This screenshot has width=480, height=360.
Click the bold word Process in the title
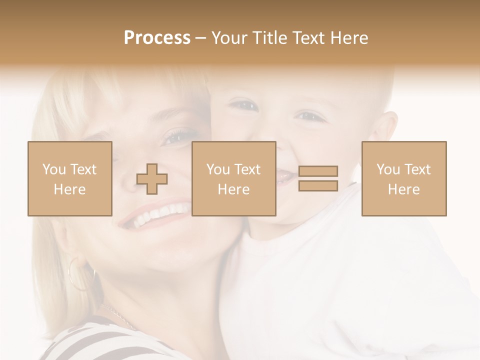(x=157, y=38)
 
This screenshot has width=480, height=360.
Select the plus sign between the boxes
(x=152, y=179)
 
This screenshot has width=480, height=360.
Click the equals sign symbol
(x=318, y=178)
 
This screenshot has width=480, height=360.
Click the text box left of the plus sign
(x=70, y=178)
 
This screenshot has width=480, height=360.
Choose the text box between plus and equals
(x=233, y=178)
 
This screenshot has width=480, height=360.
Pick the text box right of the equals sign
(x=403, y=178)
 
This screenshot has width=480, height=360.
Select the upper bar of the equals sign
(x=318, y=171)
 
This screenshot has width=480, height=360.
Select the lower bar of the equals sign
(x=318, y=186)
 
